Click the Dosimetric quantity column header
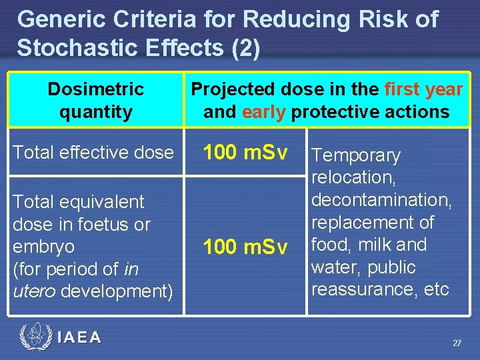click(x=95, y=100)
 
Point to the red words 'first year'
click(x=423, y=89)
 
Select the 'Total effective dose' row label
click(x=93, y=153)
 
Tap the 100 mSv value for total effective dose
click(x=245, y=153)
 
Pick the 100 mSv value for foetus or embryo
click(x=245, y=247)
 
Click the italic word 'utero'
click(x=32, y=291)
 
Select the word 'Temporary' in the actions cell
click(x=356, y=156)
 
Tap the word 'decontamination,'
click(x=381, y=200)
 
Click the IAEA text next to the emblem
click(x=79, y=337)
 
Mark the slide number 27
click(x=457, y=343)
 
